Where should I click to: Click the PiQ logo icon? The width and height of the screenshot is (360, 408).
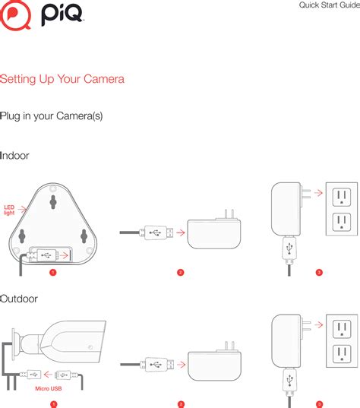[15, 16]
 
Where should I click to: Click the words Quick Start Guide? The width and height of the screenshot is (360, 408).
[329, 6]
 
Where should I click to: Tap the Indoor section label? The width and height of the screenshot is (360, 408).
[15, 155]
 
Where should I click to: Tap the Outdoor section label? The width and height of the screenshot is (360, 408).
[19, 299]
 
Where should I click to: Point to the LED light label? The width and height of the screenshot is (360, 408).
[9, 210]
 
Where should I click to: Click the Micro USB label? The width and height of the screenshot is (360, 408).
[48, 388]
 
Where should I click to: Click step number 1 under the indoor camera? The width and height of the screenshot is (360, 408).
[52, 272]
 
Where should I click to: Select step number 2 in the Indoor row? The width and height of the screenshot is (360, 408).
[180, 272]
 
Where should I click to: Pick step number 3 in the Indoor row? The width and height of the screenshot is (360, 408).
[319, 272]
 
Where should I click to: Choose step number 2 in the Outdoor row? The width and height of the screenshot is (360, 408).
[181, 403]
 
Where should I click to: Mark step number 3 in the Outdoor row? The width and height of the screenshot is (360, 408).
[319, 403]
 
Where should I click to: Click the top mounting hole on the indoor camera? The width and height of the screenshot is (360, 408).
[53, 201]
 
